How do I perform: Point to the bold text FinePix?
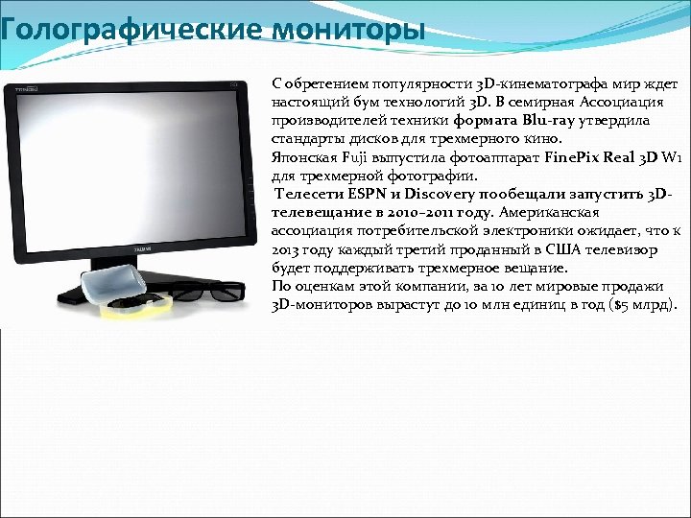572,156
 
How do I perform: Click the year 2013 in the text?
287,249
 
